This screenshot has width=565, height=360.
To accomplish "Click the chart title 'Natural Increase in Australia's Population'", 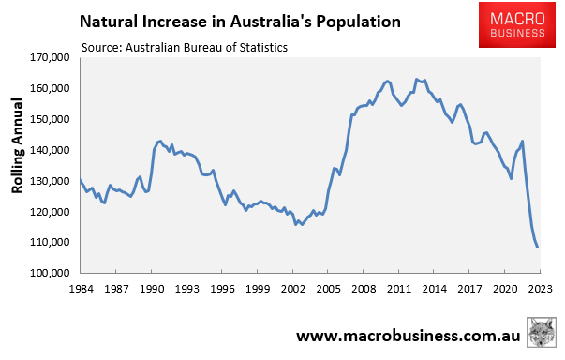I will [x=241, y=20].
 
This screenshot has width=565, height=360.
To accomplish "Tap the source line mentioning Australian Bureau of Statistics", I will [x=184, y=46].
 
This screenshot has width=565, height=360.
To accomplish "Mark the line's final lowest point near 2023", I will [x=538, y=247].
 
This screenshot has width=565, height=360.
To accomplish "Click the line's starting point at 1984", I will [x=81, y=180].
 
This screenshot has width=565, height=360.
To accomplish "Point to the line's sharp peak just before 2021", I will [x=522, y=142].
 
